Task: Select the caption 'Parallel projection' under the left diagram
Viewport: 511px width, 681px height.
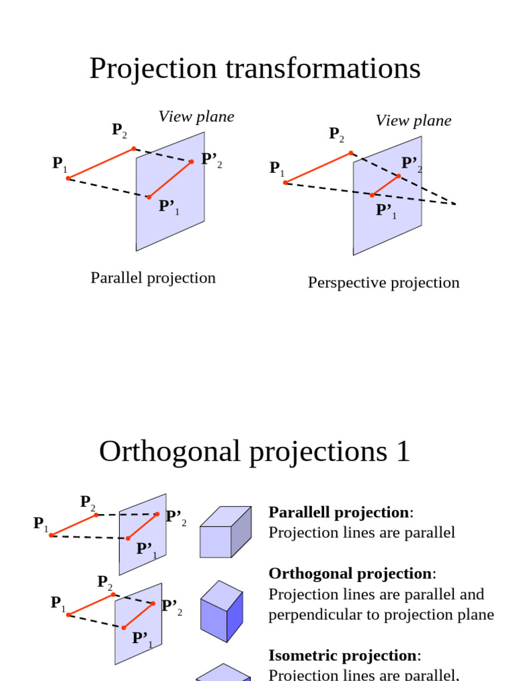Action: point(153,278)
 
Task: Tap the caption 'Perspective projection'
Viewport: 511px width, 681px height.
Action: point(383,283)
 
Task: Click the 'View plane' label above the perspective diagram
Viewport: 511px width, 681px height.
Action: point(413,120)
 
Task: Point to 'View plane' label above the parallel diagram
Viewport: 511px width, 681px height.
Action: point(196,117)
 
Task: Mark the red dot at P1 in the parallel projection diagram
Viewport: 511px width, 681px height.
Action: point(68,178)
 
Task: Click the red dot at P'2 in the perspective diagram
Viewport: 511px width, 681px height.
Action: point(399,176)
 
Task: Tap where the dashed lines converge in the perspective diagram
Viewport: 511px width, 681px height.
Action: point(455,204)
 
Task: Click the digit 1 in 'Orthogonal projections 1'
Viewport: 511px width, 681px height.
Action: point(401,452)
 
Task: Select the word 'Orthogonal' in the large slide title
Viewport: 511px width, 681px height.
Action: point(169,452)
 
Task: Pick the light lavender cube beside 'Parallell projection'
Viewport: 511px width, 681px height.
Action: point(225,532)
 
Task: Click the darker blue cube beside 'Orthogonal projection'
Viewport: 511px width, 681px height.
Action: point(222,611)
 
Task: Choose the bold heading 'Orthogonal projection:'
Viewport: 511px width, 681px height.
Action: point(350,573)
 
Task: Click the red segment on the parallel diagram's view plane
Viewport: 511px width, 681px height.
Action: point(170,179)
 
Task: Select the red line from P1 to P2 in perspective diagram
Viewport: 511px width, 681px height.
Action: point(318,168)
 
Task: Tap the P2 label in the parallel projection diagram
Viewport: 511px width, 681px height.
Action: point(119,130)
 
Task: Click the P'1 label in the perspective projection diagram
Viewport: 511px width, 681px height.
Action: point(386,211)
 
